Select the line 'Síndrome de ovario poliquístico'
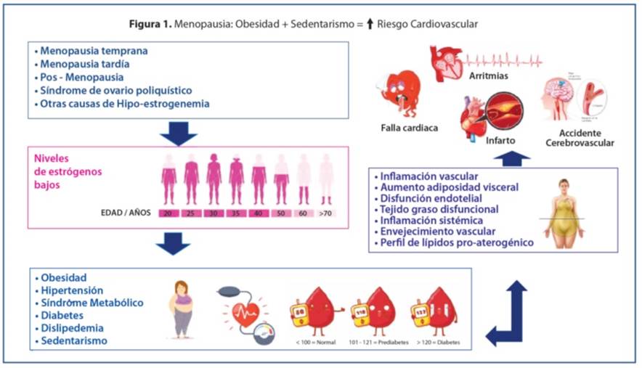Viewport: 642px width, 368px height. [x=115, y=91]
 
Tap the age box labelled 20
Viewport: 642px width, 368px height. [x=168, y=213]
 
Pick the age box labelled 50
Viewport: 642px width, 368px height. [x=281, y=213]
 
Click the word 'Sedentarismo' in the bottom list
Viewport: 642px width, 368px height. [x=75, y=340]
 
